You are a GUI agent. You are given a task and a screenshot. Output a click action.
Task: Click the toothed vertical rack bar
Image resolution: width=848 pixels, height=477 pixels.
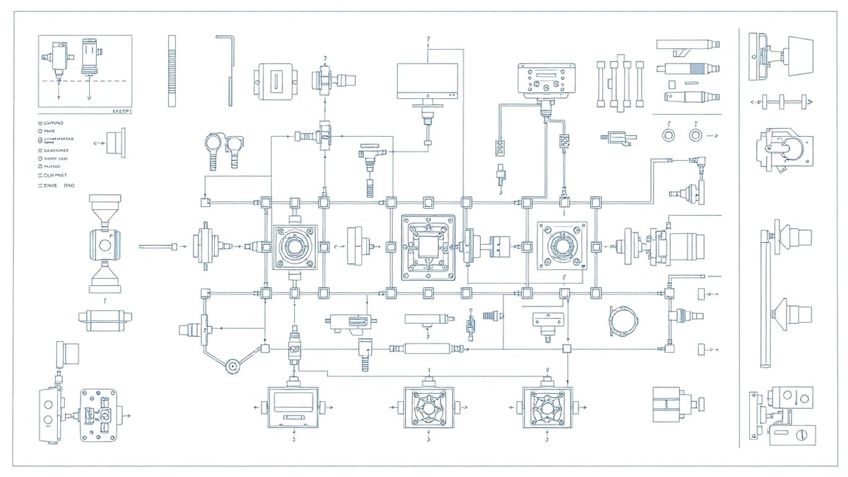172,71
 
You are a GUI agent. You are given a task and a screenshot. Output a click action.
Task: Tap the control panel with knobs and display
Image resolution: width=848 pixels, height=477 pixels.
546,80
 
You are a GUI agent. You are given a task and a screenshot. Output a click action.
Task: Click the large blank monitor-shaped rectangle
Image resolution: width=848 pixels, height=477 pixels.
428,80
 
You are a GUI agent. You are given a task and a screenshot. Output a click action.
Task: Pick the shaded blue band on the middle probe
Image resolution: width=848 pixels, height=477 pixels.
697,68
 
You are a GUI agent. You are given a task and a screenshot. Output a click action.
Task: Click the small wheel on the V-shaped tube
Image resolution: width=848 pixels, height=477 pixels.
233,366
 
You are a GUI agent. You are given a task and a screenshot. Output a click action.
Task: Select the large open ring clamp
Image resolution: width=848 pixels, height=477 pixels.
623,320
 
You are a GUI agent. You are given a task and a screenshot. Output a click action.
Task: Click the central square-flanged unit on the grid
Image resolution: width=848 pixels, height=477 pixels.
428,247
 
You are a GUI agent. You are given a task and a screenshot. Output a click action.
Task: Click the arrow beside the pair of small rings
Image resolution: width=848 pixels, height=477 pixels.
713,135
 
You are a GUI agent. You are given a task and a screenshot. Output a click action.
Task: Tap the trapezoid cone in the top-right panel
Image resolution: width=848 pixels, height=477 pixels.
800,57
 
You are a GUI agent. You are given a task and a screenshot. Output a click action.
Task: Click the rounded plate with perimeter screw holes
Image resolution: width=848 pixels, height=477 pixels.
99,415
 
